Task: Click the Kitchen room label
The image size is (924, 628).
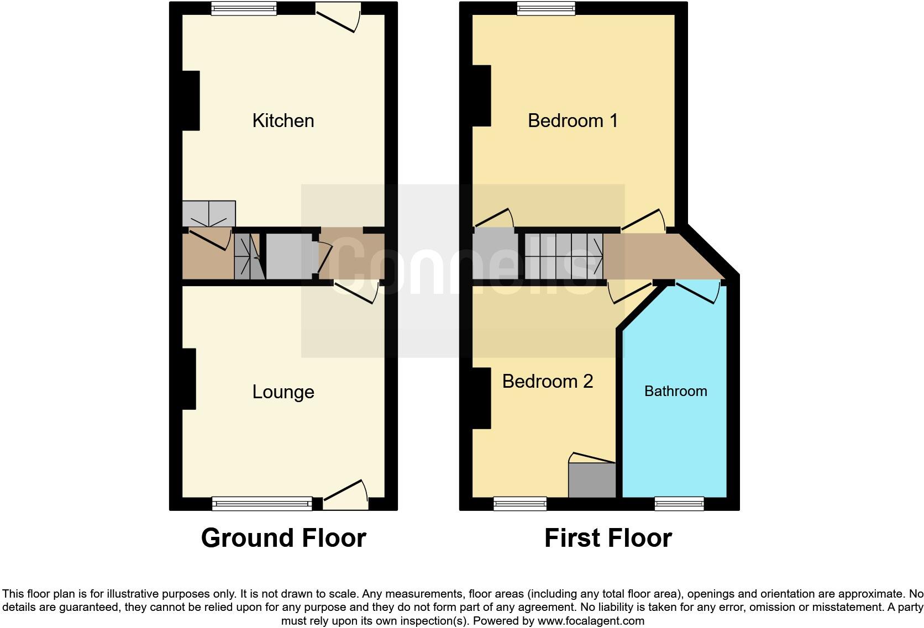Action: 283,120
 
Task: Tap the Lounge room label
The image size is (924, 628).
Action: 283,392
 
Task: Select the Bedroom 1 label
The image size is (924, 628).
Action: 573,120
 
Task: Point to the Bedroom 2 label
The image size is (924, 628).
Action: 547,381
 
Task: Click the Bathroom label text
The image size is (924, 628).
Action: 675,391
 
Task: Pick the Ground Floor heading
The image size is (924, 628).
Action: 283,538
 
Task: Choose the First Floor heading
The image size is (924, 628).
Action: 608,538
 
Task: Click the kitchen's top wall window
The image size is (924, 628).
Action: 244,8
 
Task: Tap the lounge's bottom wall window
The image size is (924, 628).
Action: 261,503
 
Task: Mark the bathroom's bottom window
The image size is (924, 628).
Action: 679,503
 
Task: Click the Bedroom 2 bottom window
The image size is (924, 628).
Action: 520,503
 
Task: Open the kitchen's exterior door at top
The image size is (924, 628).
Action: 339,17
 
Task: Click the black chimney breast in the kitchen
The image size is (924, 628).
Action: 191,101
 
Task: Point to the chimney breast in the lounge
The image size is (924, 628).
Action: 189,379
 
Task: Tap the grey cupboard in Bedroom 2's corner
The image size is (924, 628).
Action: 592,480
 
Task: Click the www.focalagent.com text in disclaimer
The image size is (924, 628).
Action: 590,621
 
